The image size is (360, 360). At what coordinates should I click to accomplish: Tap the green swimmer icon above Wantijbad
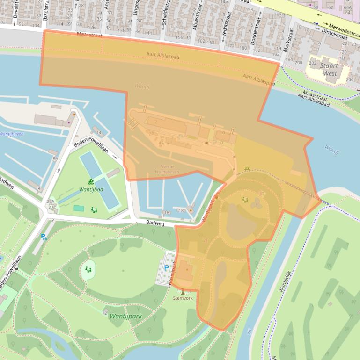tap(89, 181)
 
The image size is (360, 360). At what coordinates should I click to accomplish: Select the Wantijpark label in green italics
tap(125, 316)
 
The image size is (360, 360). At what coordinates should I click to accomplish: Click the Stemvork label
tap(183, 298)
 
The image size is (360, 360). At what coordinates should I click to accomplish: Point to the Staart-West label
tap(330, 70)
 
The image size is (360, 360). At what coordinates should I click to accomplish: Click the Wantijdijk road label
tap(285, 280)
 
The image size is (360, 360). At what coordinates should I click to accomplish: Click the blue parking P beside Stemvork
tap(166, 268)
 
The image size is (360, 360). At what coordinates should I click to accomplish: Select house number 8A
tap(55, 159)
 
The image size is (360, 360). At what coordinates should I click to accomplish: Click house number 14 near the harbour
tap(98, 133)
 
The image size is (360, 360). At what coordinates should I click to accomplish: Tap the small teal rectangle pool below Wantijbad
tap(79, 208)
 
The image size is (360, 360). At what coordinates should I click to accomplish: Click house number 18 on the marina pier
tap(181, 211)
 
